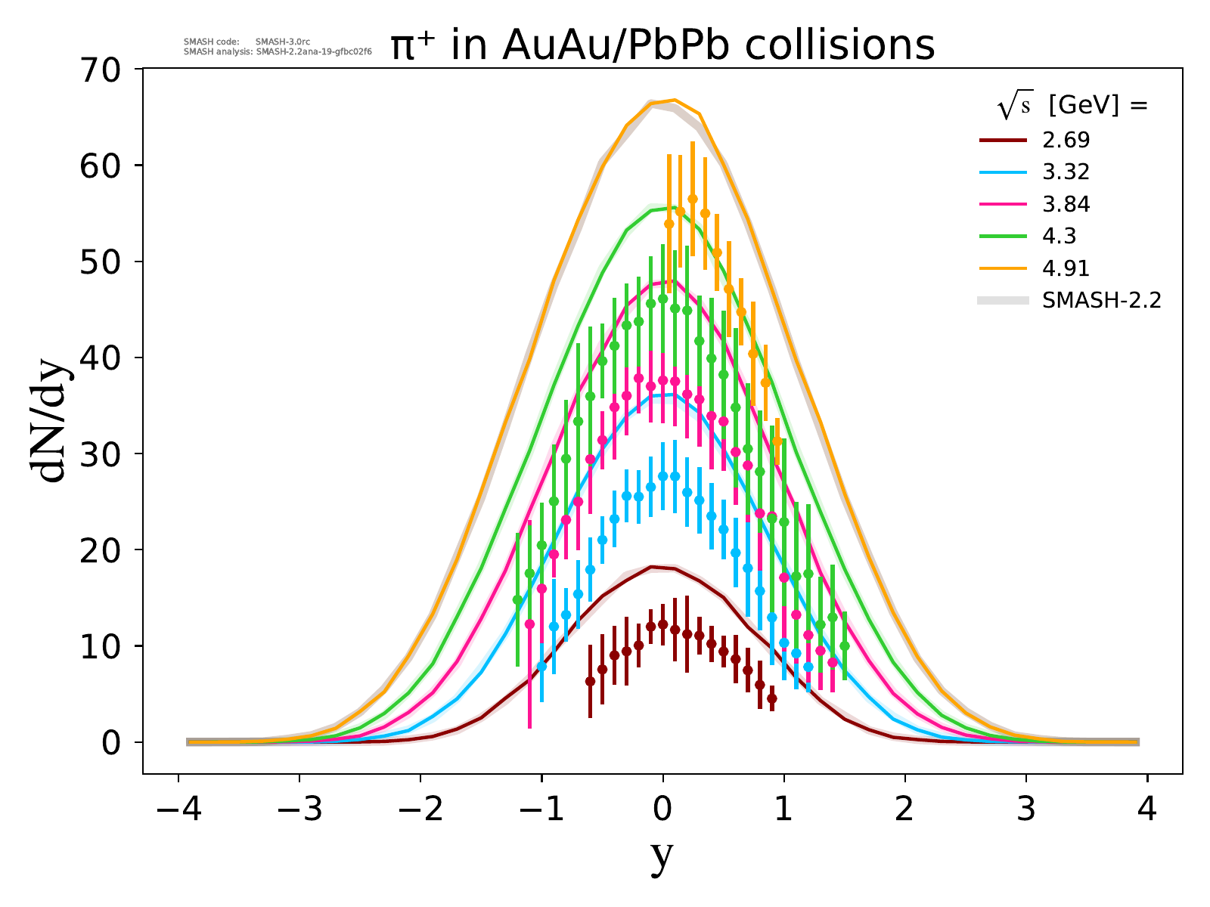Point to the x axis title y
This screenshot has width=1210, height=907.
[662, 856]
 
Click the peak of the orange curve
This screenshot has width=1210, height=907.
[675, 100]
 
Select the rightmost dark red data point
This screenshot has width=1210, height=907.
[771, 698]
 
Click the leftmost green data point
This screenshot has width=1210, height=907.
[517, 600]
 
